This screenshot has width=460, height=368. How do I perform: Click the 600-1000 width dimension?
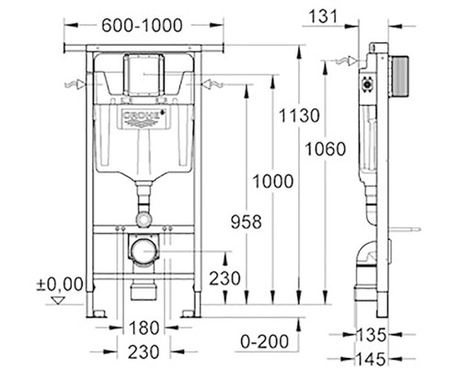[142, 26]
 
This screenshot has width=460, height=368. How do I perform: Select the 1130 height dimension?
[299, 116]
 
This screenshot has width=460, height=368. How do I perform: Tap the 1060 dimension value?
[326, 149]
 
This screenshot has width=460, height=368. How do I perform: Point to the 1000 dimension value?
[273, 181]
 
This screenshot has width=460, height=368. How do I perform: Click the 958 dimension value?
[247, 222]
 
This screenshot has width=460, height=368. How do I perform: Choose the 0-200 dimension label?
[264, 341]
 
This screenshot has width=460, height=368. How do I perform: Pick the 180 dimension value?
[144, 328]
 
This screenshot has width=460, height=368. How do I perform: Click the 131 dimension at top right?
[323, 17]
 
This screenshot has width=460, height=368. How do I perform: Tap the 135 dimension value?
[371, 335]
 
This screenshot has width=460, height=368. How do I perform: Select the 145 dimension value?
[371, 359]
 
